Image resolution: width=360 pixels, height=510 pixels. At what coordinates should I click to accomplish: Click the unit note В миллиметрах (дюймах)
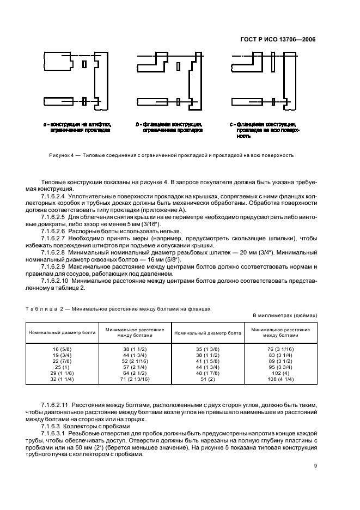[285, 315]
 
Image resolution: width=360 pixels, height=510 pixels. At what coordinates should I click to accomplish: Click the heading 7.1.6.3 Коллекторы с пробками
[85, 426]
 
